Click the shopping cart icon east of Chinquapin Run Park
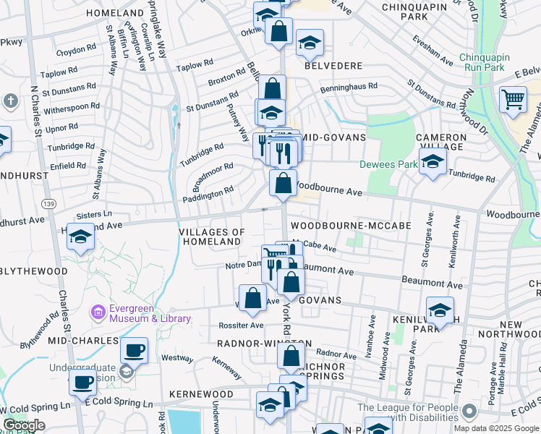(513, 99)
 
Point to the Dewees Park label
(388, 164)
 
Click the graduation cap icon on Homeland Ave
(81, 237)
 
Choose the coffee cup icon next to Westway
(134, 351)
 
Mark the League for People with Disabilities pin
(469, 412)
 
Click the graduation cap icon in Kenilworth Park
(440, 310)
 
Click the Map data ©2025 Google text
(496, 428)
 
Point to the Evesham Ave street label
(433, 51)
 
